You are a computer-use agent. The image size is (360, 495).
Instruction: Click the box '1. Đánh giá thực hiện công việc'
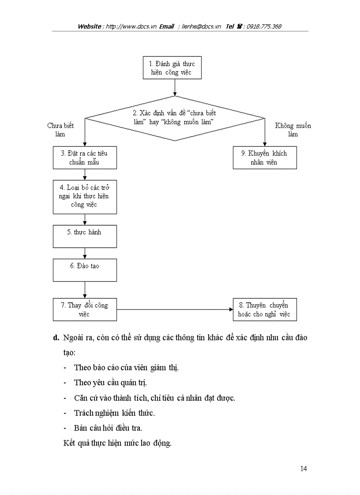pos(172,68)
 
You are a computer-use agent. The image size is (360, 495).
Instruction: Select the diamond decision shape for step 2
pos(175,118)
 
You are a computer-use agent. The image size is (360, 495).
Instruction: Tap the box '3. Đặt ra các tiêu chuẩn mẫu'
pos(85,158)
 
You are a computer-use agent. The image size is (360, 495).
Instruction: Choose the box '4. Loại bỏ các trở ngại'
pos(85,196)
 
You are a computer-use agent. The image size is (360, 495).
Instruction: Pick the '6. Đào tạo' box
pos(85,270)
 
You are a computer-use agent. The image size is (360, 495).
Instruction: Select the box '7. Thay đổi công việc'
pos(85,309)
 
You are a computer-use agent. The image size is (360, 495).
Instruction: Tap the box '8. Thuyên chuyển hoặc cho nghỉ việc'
pos(265,309)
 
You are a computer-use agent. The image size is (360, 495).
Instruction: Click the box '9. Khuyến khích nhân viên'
pos(265,158)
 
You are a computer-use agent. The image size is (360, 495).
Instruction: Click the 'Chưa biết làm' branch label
pos(60,130)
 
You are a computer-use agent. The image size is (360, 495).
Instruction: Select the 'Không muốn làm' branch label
pos(293,130)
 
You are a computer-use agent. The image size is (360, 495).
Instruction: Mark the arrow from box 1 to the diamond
pos(175,87)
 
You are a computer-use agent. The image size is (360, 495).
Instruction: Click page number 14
pos(303,468)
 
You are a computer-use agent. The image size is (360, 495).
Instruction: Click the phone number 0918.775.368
pos(264,26)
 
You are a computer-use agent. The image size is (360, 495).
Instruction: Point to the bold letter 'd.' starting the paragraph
pos(56,338)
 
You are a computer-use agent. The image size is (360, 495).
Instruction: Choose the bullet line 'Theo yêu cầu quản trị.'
pos(110,383)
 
